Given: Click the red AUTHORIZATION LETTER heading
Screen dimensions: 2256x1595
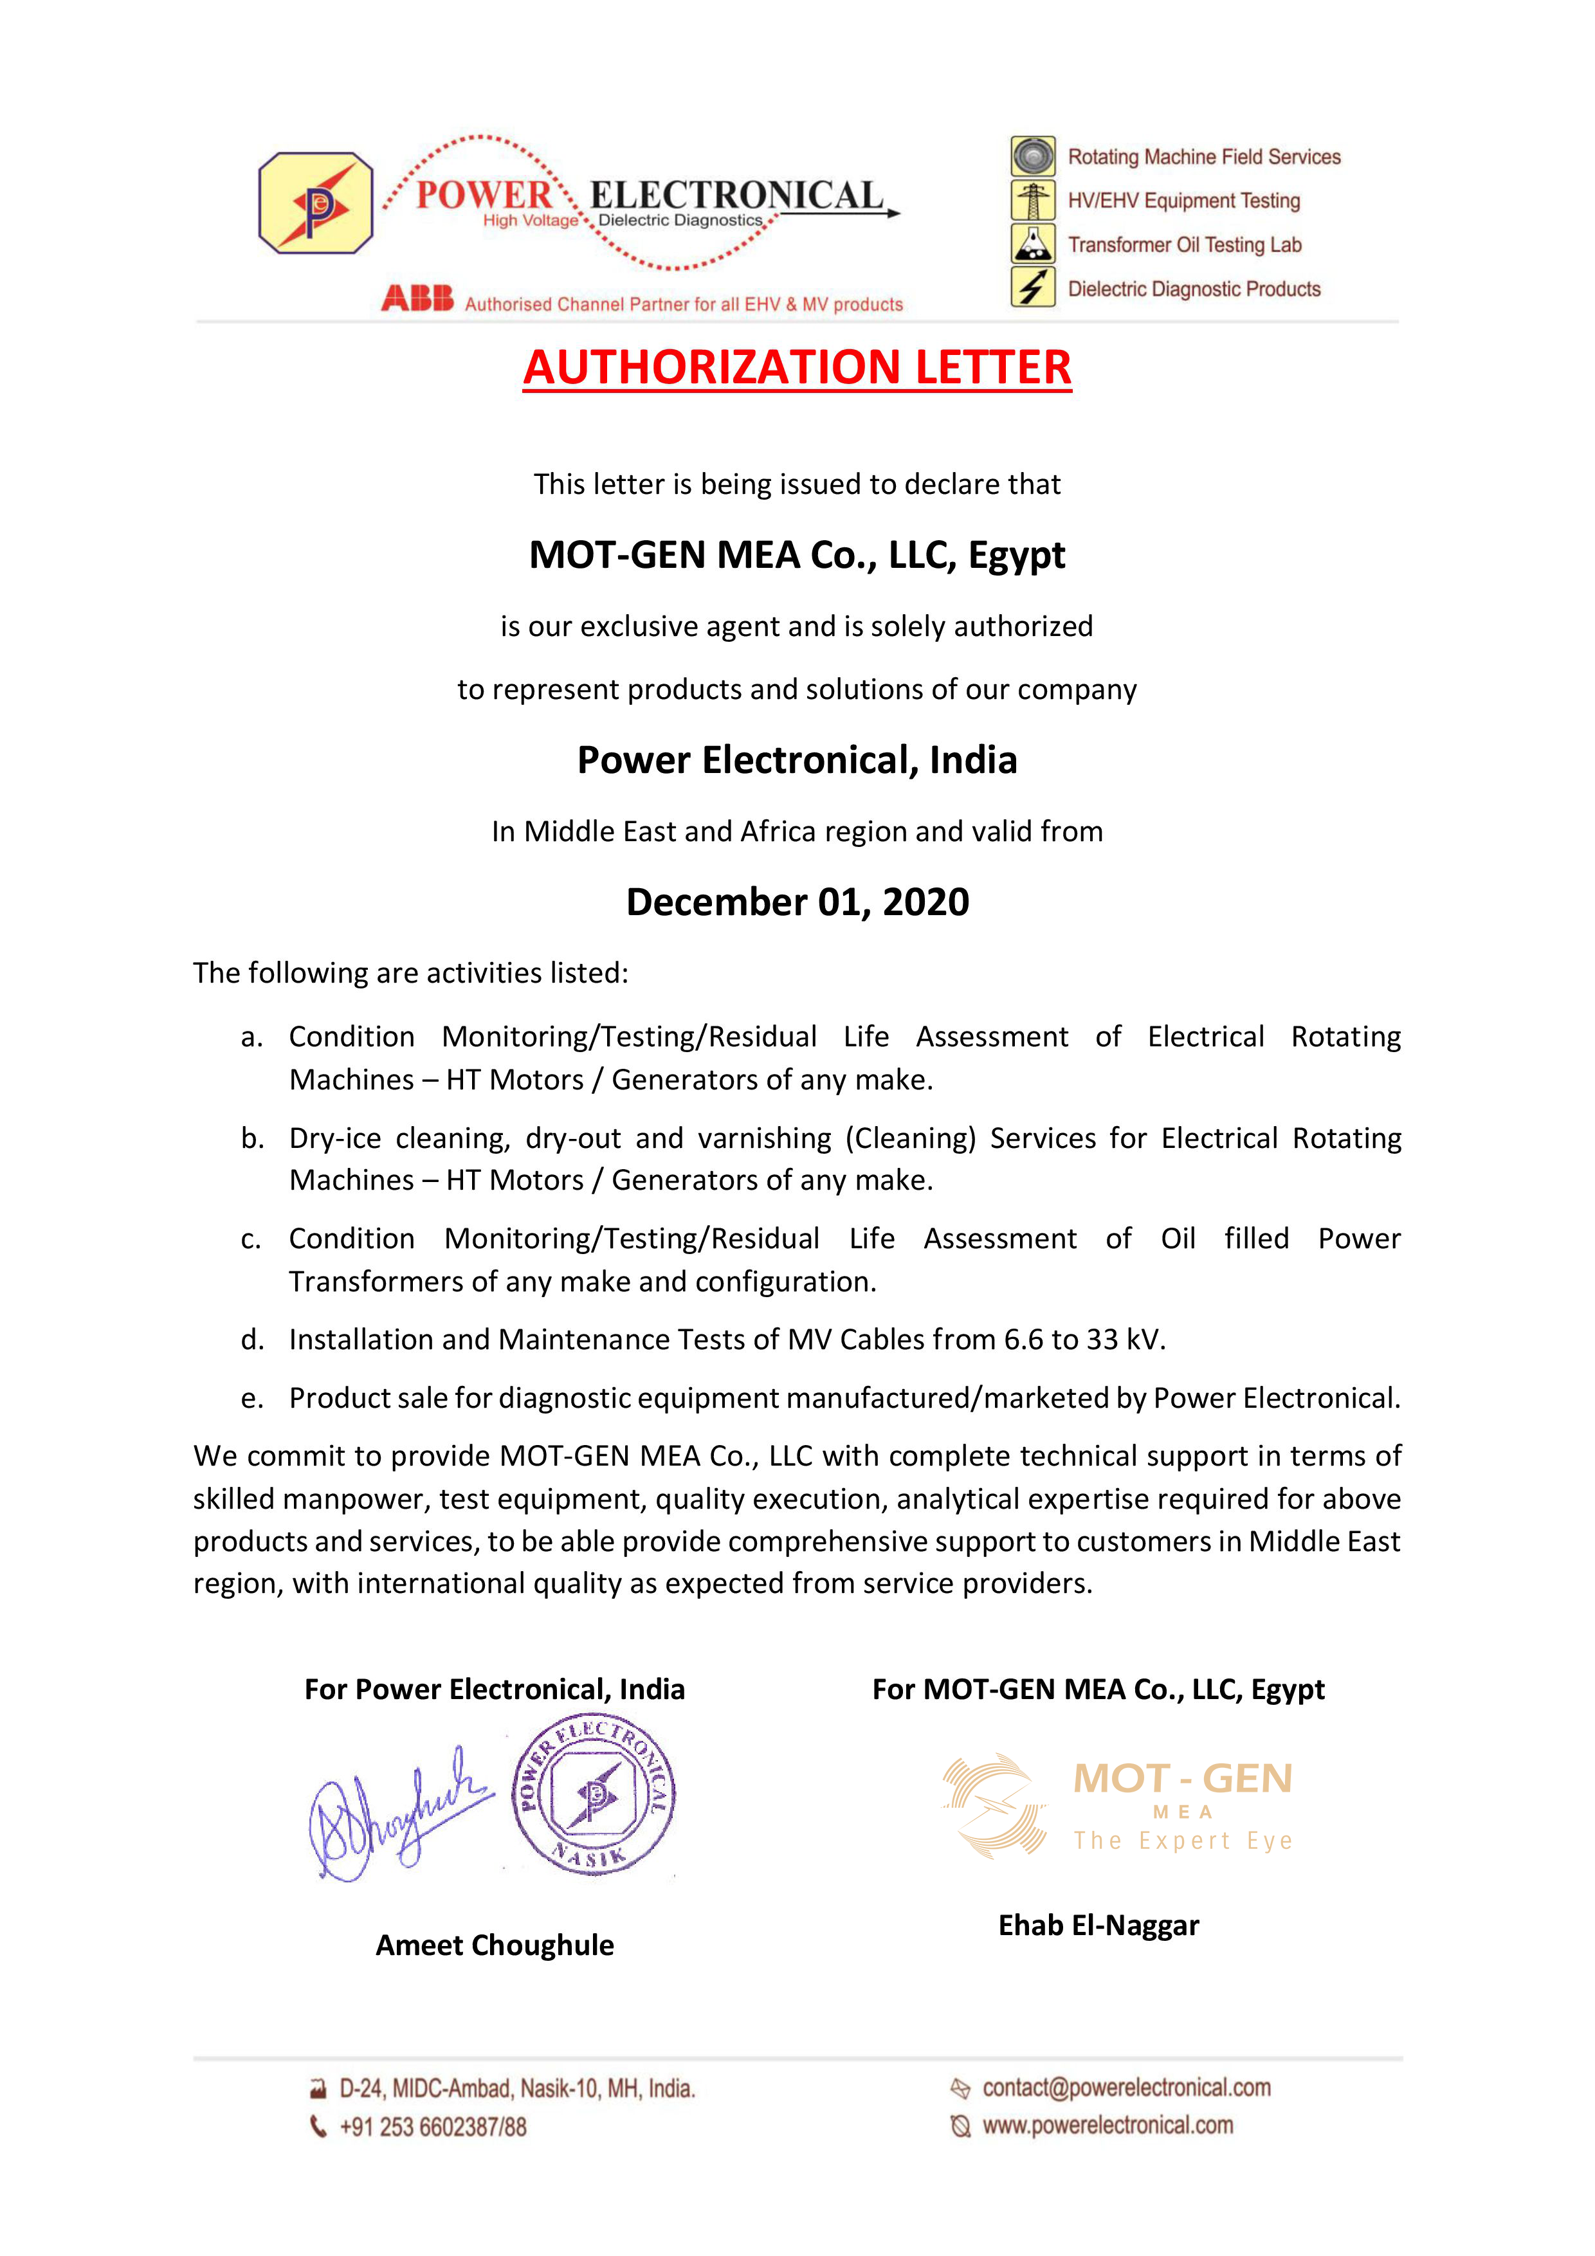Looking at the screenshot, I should click(797, 367).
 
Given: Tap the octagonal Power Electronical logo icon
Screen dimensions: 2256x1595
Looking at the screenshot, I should click(315, 203).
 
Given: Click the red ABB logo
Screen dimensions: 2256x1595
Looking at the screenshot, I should click(417, 298).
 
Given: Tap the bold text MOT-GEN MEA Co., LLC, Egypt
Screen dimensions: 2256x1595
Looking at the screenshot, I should click(797, 555).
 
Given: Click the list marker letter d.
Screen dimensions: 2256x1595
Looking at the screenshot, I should click(253, 1339).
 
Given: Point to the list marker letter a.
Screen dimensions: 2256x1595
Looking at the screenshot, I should click(253, 1037).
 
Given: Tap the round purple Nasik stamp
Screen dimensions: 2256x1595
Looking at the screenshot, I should click(594, 1795).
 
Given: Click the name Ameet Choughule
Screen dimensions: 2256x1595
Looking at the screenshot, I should click(495, 1945).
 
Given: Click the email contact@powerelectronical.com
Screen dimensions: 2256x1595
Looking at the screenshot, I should click(1126, 2087).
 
